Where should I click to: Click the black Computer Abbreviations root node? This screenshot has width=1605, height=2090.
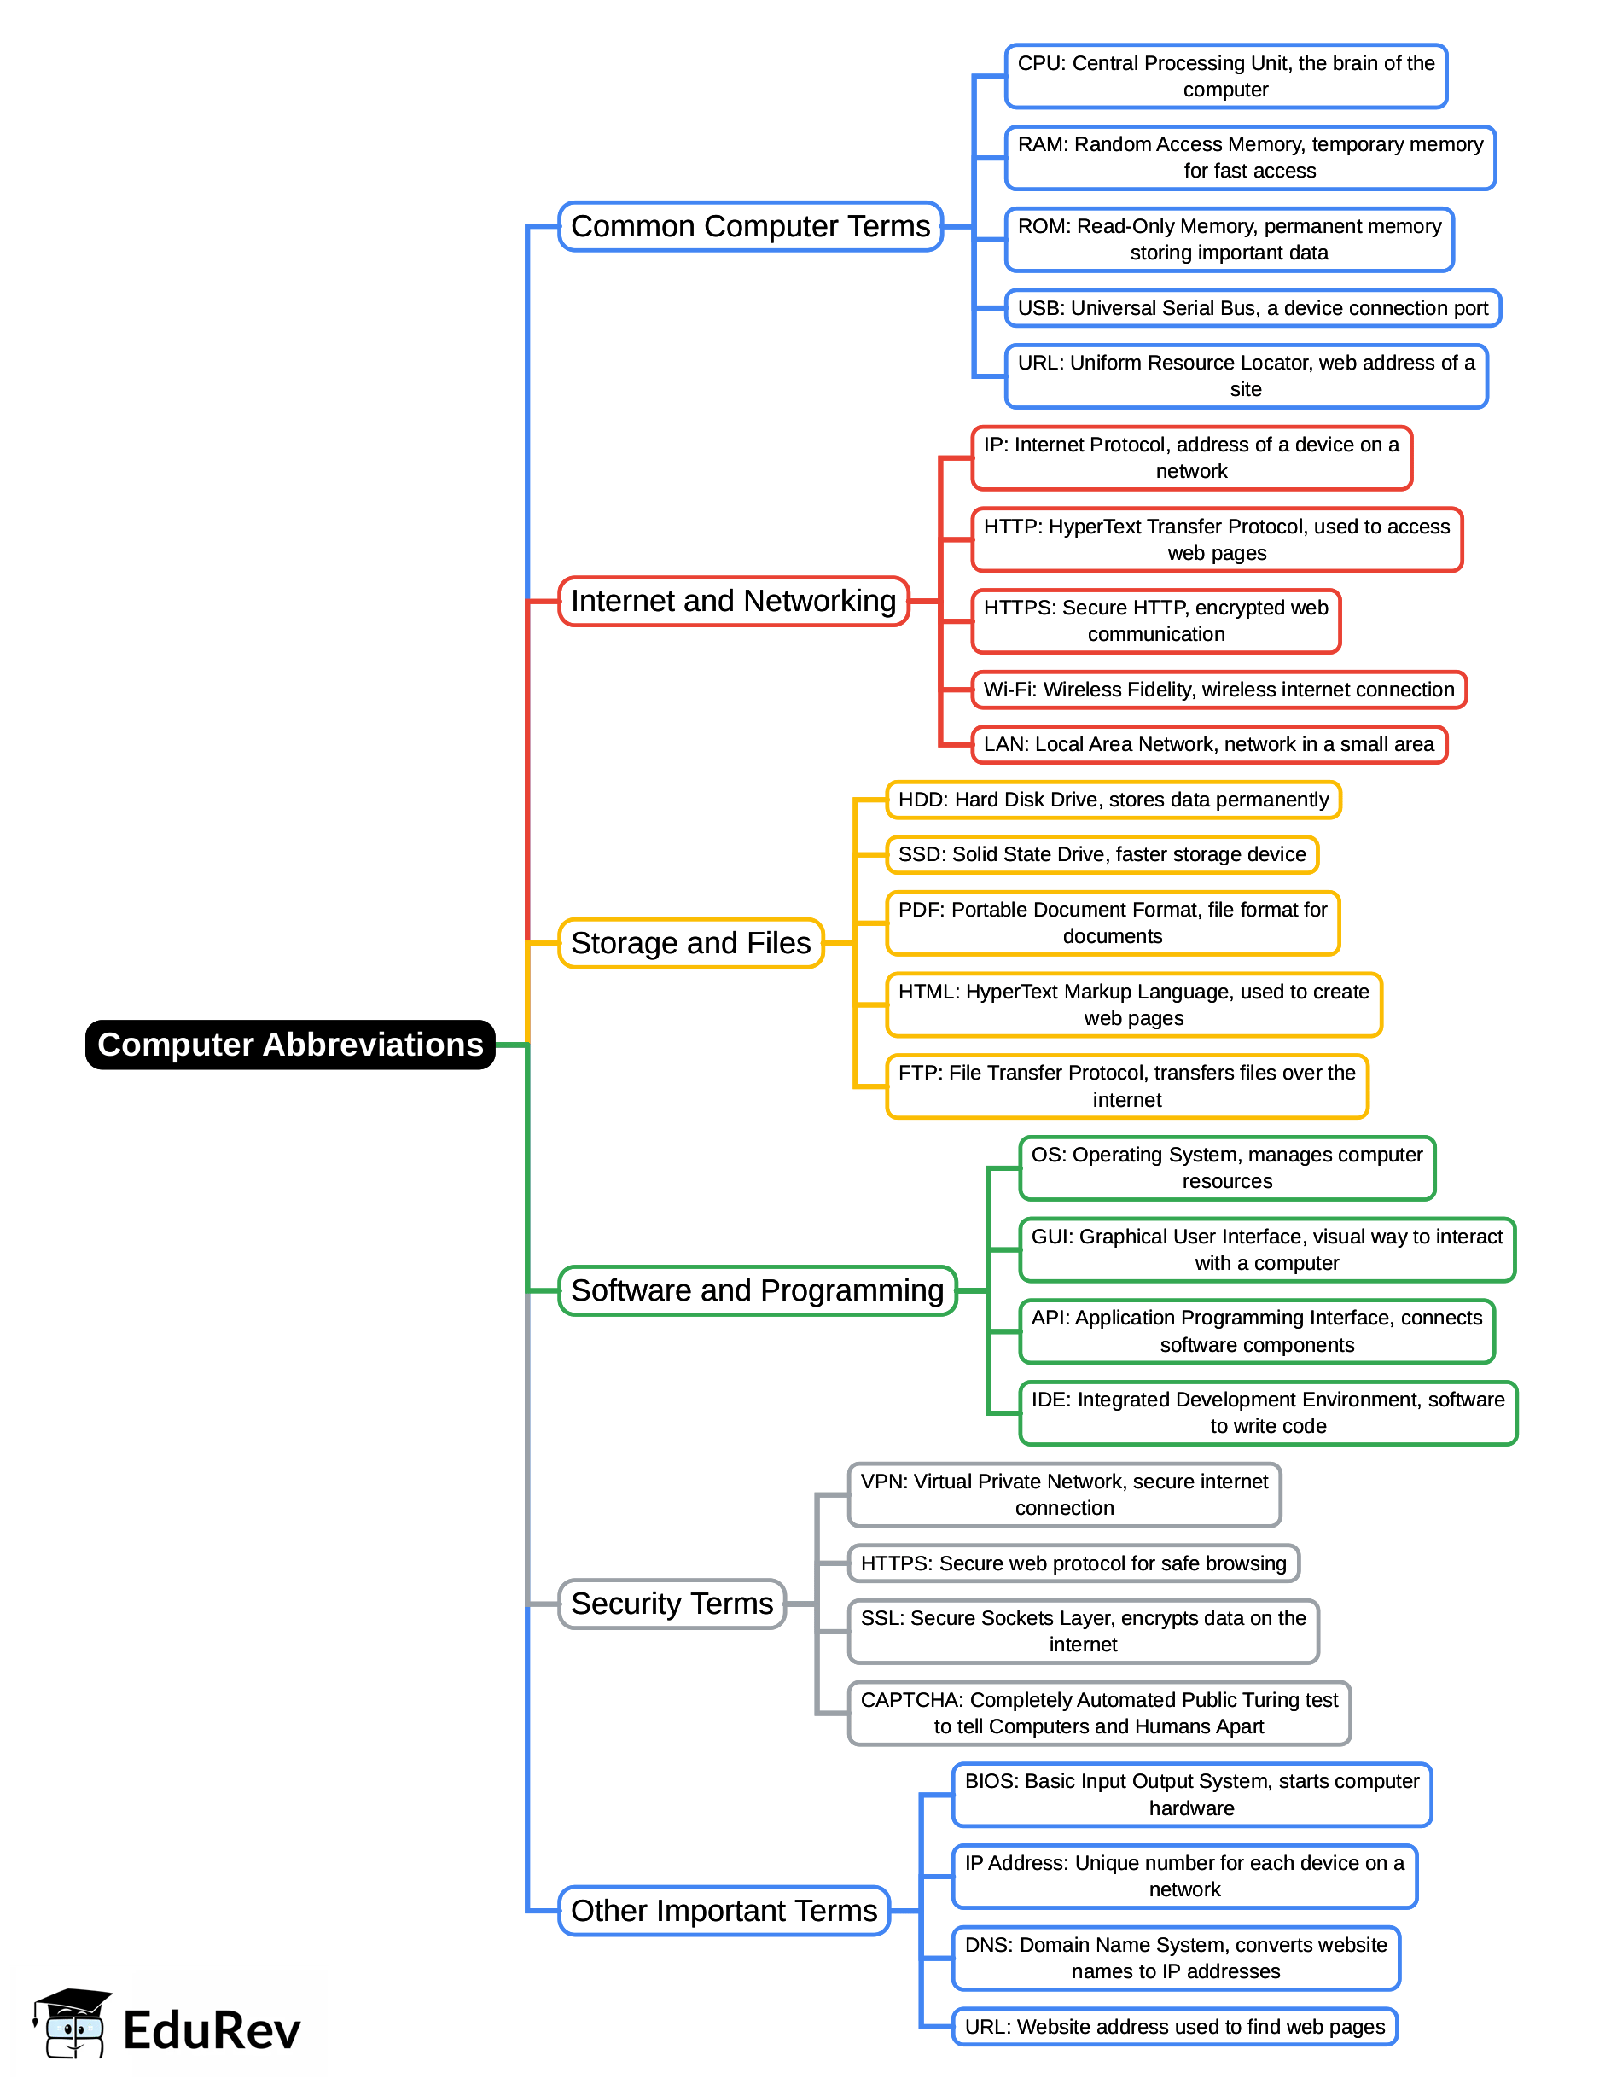[290, 1045]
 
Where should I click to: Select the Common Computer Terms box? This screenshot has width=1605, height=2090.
[750, 226]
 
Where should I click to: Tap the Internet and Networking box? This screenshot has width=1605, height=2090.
[733, 601]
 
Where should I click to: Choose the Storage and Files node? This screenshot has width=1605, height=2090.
[691, 943]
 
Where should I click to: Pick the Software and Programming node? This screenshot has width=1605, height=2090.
[757, 1290]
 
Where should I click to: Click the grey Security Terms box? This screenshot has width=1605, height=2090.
[672, 1603]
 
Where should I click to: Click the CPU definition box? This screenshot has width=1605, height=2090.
[1226, 77]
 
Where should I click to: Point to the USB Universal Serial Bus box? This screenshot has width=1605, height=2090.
[1253, 308]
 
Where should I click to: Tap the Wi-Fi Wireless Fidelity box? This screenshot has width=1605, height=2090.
[1218, 689]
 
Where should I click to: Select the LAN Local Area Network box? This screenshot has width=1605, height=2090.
[1208, 744]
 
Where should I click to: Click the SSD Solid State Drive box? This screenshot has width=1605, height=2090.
[1102, 854]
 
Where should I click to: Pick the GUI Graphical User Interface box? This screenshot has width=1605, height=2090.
[1267, 1249]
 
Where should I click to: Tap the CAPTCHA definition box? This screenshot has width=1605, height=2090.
[1099, 1713]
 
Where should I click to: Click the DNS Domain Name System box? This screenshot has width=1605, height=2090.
[1175, 1957]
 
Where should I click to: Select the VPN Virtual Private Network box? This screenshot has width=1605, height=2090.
[1064, 1494]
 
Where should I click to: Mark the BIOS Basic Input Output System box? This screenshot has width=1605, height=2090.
[1191, 1794]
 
